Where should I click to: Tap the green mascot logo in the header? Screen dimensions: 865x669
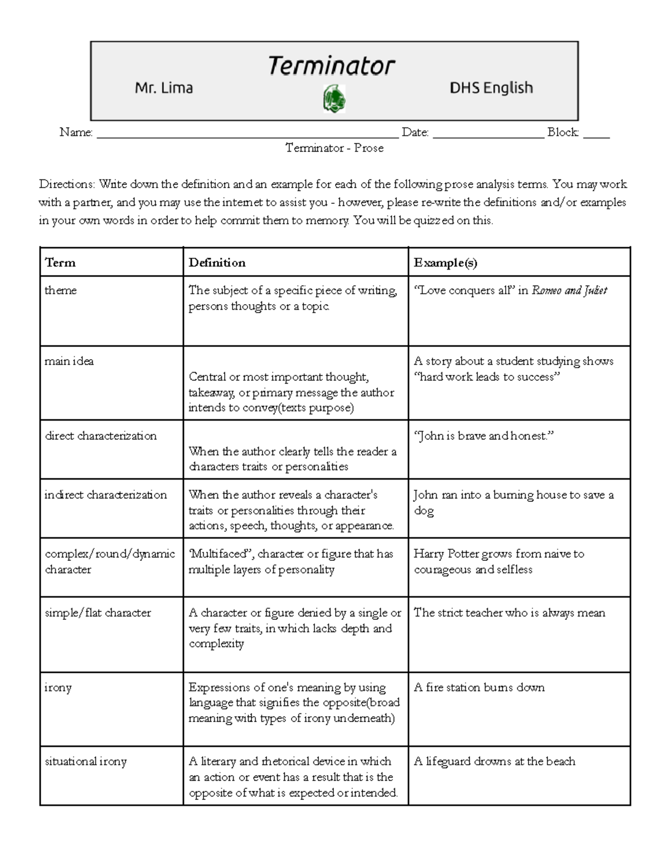[x=334, y=99]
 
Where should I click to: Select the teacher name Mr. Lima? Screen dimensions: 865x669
[x=164, y=88]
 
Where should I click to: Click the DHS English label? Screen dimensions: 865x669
[x=491, y=88]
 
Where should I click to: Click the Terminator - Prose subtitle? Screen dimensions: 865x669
[x=334, y=148]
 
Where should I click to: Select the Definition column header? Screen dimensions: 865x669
[x=217, y=263]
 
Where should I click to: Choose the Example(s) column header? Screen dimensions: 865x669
[x=445, y=263]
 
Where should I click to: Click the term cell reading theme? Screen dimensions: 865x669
[x=61, y=290]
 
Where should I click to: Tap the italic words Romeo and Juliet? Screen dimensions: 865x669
[x=569, y=290]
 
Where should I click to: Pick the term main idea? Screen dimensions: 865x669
[x=69, y=361]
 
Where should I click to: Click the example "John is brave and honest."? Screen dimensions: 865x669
[x=483, y=436]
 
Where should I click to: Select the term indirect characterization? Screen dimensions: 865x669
[x=106, y=495]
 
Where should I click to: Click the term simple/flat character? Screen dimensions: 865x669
[x=98, y=613]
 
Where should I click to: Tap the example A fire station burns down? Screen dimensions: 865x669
[x=479, y=687]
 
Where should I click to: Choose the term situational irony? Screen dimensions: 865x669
[x=86, y=761]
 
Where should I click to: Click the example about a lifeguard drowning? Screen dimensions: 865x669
[x=495, y=761]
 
